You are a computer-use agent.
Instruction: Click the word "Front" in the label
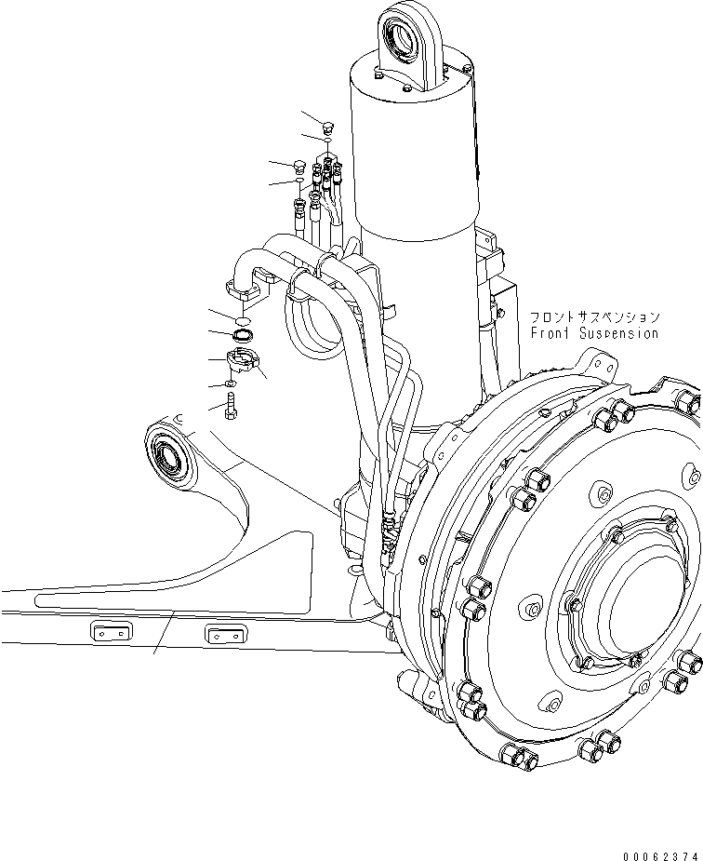coord(551,333)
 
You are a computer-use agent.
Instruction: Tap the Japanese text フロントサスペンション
coord(594,317)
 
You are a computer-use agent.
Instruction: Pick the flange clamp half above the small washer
coord(245,357)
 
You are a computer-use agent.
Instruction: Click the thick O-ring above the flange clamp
coord(243,333)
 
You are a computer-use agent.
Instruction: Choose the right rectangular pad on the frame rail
coord(225,636)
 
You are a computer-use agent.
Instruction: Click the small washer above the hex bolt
coord(231,383)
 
